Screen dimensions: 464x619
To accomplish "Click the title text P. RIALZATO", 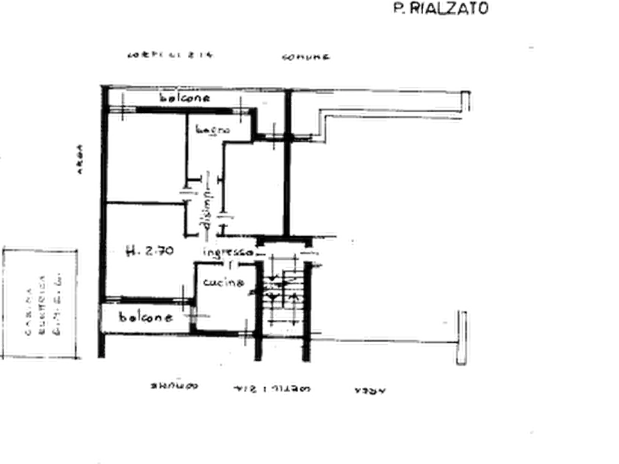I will (442, 9).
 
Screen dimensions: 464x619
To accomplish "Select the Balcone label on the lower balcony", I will (145, 317).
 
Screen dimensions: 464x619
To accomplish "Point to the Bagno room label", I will (211, 128).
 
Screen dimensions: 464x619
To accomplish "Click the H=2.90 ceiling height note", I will (151, 249).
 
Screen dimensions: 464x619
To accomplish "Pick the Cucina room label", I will (223, 283).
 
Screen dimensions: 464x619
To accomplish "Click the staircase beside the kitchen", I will (281, 291).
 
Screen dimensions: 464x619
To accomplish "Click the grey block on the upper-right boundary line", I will (410, 91).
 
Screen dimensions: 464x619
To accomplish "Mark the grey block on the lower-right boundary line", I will (378, 339).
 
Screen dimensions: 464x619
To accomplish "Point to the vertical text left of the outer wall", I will (81, 160).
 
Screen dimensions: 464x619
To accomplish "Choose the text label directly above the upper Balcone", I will (172, 54).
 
